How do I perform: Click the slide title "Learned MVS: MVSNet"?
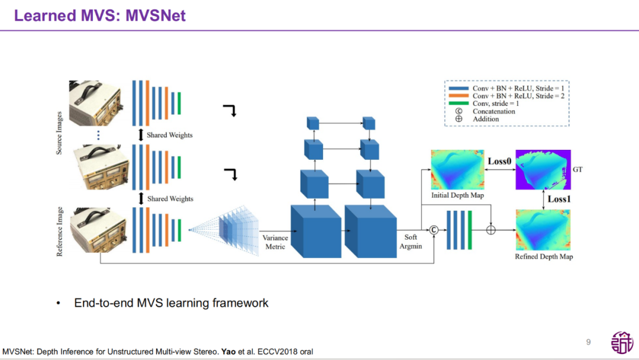tap(99, 15)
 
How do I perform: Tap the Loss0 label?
tap(499, 161)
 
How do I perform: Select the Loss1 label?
tap(559, 199)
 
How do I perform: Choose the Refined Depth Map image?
tap(543, 230)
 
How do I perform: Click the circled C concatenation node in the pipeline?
tap(433, 230)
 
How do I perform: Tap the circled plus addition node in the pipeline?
tap(490, 230)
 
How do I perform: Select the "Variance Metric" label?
tap(275, 242)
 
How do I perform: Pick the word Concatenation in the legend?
tap(493, 111)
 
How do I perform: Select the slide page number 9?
tap(588, 342)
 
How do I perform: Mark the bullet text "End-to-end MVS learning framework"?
tap(171, 303)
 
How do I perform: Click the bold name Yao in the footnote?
tap(228, 352)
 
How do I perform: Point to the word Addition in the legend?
tap(485, 119)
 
